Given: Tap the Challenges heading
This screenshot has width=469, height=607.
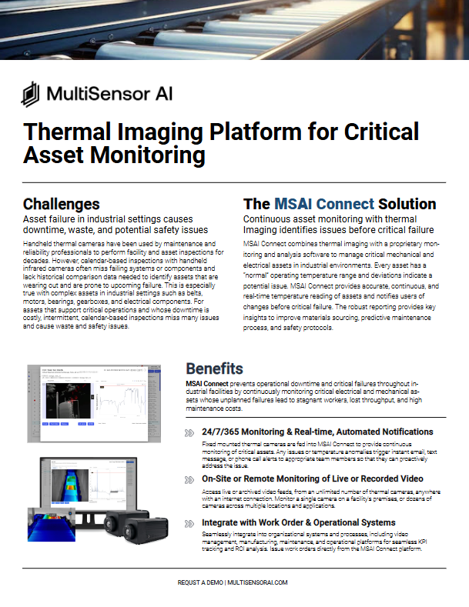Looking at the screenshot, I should pyautogui.click(x=61, y=204).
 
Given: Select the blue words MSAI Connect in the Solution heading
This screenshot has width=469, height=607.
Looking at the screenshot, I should pyautogui.click(x=324, y=204).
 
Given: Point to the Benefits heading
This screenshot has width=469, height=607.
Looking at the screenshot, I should pyautogui.click(x=215, y=369).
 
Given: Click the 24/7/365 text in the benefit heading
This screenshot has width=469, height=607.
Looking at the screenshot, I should pyautogui.click(x=223, y=432).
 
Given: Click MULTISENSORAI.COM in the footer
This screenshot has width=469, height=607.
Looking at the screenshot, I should pyautogui.click(x=259, y=582).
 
